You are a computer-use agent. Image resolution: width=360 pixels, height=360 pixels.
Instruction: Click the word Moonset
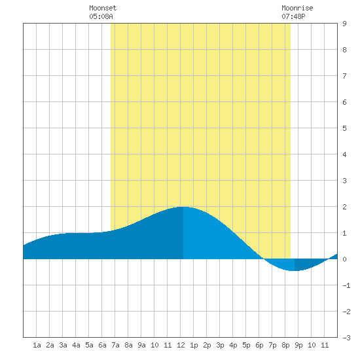click(x=103, y=8)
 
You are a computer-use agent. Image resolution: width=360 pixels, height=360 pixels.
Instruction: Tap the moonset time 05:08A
click(x=101, y=16)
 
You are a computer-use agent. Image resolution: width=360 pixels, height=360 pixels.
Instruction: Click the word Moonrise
click(x=297, y=8)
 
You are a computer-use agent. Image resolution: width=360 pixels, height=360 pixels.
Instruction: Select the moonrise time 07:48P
click(x=293, y=16)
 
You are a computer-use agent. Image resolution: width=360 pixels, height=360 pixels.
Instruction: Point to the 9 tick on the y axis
click(x=344, y=24)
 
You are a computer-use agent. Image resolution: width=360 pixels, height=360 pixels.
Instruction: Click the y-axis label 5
click(x=344, y=128)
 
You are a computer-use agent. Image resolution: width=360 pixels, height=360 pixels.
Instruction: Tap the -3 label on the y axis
click(x=346, y=338)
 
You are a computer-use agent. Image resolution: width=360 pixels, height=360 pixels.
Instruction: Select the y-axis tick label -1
click(x=346, y=285)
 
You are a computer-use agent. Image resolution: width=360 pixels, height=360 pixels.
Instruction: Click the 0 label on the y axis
click(x=344, y=259)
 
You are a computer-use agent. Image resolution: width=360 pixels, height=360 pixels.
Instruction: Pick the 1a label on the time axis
click(x=37, y=345)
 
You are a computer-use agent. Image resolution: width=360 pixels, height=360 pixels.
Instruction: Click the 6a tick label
click(x=102, y=345)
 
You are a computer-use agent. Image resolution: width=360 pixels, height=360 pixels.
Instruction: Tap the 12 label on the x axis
click(x=181, y=345)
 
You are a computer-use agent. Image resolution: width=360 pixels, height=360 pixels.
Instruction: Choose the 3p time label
click(x=220, y=345)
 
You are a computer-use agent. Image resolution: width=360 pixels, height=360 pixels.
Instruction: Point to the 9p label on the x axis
click(x=298, y=345)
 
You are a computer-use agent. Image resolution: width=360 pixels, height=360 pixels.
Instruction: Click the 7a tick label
click(x=115, y=345)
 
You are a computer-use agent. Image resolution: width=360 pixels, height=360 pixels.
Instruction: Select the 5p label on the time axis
click(x=246, y=345)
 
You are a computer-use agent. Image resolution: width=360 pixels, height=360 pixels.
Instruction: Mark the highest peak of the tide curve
click(x=183, y=207)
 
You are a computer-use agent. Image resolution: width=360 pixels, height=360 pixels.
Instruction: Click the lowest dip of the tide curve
click(x=294, y=271)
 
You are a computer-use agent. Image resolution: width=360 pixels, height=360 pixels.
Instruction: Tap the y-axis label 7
click(x=344, y=76)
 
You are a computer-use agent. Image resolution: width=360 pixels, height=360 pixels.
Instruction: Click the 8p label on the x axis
click(x=285, y=345)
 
